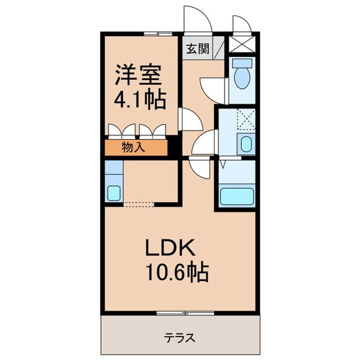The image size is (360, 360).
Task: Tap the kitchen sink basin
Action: (x=113, y=192)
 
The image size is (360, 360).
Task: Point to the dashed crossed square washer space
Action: (x=245, y=119)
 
